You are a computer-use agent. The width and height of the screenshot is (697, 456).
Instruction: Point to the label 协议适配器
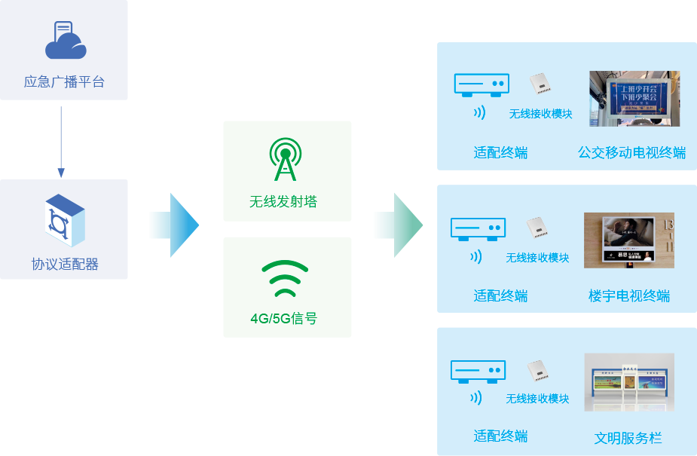coord(65,265)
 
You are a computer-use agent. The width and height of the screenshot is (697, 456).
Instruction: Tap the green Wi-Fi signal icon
coord(285,280)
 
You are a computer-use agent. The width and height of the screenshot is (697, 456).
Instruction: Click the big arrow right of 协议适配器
coord(174,225)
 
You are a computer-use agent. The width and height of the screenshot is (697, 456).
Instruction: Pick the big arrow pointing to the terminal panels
coord(398,225)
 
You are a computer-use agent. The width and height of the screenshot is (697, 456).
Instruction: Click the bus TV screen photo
coord(634,98)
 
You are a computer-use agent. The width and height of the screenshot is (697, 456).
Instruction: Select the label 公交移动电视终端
coord(632,153)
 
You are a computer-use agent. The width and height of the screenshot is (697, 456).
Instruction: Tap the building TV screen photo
coord(628,240)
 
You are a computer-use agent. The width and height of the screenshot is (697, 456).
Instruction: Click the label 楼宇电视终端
coord(629,295)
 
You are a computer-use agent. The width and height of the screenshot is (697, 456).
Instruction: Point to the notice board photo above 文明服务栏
coord(628,382)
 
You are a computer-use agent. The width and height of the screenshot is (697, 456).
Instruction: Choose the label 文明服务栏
coord(628,437)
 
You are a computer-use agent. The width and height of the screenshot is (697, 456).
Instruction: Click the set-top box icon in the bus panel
coord(481,84)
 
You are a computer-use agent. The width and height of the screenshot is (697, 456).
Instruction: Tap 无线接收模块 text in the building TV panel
coord(537,258)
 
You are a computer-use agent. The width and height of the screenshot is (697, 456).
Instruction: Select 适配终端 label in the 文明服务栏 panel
coord(500,436)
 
